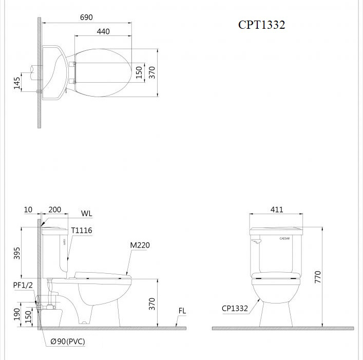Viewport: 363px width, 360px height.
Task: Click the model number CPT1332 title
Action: click(261, 25)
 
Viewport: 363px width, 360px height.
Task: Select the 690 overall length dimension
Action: click(86, 17)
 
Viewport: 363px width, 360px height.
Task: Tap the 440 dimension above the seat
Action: click(103, 31)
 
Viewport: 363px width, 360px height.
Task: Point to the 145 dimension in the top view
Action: click(16, 83)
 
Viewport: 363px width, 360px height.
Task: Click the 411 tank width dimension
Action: click(276, 210)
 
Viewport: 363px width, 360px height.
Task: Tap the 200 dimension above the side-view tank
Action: click(54, 210)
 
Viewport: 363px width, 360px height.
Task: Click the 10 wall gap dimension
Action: click(28, 210)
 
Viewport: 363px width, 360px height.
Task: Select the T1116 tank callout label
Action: click(82, 231)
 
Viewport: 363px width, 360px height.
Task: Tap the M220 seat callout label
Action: click(140, 245)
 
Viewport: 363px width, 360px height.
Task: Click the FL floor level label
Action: click(182, 311)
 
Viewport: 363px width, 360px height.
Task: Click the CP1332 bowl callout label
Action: click(235, 309)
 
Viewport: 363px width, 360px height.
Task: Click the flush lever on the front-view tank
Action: click(257, 238)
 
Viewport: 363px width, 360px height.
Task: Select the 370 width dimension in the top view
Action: click(152, 72)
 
